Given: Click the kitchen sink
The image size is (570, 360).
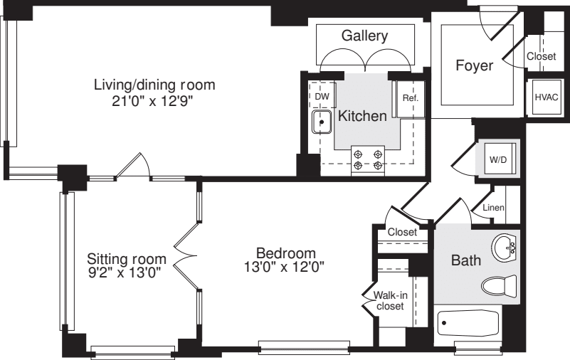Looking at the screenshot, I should click(x=322, y=122).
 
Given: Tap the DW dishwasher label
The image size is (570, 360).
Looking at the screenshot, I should click(x=322, y=95).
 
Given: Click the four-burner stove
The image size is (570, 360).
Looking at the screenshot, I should click(x=369, y=159).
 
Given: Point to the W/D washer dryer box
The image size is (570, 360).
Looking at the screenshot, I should click(x=497, y=159).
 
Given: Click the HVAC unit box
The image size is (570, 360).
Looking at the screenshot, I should click(x=545, y=97).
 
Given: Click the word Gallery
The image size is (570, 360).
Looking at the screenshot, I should click(x=364, y=36).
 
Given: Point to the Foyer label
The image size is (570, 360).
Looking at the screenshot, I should click(x=475, y=66).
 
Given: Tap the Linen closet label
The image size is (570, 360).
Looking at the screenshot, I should click(x=493, y=207).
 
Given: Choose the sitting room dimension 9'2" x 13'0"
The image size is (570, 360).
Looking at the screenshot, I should click(x=126, y=272).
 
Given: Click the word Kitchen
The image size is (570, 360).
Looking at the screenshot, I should click(x=362, y=116).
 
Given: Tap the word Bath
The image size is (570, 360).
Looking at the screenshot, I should click(x=466, y=261).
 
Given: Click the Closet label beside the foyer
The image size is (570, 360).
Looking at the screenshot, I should click(x=542, y=56).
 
